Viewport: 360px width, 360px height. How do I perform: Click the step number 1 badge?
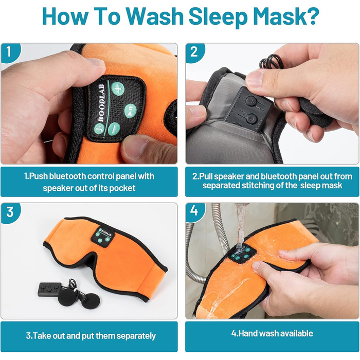click(9, 52)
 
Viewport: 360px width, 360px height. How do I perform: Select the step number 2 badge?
click(194, 52)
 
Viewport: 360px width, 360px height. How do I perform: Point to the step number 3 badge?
click(10, 212)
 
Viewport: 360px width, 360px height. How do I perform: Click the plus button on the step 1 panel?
click(118, 88)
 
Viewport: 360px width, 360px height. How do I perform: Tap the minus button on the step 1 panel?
click(114, 129)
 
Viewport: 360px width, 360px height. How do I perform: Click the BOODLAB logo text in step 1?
click(101, 103)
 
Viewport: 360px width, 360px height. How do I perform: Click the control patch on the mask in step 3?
click(103, 236)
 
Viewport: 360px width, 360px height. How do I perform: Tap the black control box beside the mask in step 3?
click(49, 289)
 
